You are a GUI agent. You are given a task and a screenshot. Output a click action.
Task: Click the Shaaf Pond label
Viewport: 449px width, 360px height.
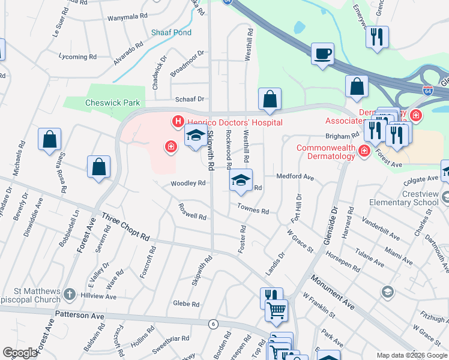tap(171, 32)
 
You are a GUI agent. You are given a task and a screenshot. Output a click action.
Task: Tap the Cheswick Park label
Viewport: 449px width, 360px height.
tap(112, 103)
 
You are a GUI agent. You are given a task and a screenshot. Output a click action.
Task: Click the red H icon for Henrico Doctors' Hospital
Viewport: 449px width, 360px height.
tap(178, 122)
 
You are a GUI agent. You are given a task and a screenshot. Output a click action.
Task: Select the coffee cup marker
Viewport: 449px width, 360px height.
tap(322, 54)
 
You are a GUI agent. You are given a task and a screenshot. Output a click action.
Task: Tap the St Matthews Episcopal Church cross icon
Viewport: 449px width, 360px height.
tap(70, 294)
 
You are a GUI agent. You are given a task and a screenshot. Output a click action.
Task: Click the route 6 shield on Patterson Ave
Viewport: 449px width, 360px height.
tap(213, 324)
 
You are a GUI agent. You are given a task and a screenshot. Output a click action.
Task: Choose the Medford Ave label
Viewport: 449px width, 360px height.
tap(295, 177)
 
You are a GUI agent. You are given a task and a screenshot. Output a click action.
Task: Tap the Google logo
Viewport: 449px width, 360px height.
tap(20, 353)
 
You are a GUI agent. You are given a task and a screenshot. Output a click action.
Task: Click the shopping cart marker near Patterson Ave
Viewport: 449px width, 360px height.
tap(276, 311)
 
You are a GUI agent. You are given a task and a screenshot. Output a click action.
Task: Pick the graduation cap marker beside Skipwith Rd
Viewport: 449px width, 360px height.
tap(195, 137)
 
